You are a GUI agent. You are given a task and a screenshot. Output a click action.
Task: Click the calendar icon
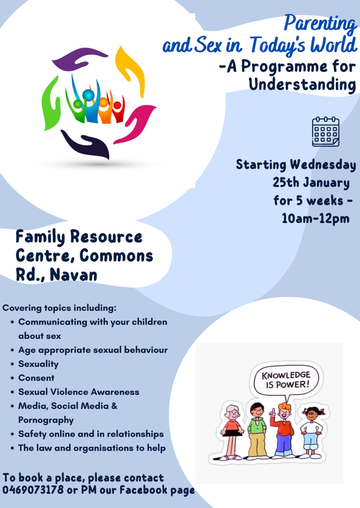[x=326, y=132]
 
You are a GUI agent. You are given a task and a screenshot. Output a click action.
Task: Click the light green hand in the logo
[x=51, y=104]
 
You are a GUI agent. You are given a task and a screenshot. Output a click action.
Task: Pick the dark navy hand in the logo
[x=86, y=144]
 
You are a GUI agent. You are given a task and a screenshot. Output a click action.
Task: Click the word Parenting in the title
[x=320, y=24]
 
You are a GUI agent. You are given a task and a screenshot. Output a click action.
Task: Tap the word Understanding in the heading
[x=302, y=85]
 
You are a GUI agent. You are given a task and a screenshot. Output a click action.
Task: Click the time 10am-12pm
[x=316, y=218]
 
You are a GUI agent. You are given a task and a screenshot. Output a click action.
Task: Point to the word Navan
[x=74, y=274]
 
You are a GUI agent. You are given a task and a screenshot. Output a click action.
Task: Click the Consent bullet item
[x=36, y=378]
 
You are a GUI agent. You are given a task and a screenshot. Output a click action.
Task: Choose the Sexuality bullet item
[x=39, y=364]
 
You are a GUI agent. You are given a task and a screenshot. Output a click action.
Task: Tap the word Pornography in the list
[x=46, y=420]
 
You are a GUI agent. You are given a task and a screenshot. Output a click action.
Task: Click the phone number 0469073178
[x=33, y=489]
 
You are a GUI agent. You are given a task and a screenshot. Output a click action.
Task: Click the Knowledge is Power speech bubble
[x=286, y=380]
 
